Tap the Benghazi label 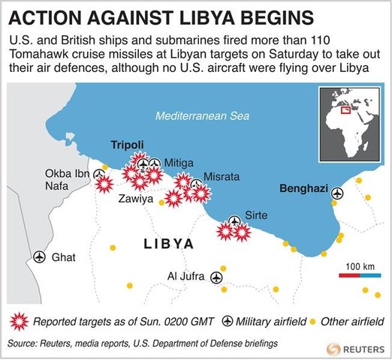pos(302,189)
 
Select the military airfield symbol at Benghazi pos(336,193)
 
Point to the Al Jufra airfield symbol pos(218,277)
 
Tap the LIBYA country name pos(168,244)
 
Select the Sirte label pos(256,215)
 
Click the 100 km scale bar pos(360,276)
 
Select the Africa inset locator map pos(350,119)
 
